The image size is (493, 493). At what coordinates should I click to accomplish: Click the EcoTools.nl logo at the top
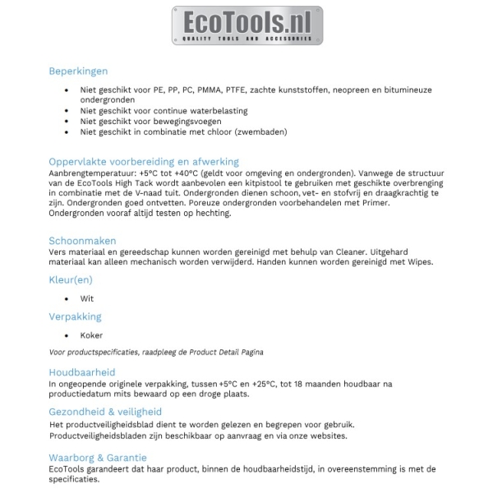click(x=246, y=25)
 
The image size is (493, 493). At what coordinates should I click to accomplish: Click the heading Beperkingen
click(x=78, y=71)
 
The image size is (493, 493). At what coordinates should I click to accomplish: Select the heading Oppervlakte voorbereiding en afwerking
click(x=144, y=162)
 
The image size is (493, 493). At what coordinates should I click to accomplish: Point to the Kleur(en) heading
click(x=71, y=280)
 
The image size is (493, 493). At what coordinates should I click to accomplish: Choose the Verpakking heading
click(x=75, y=316)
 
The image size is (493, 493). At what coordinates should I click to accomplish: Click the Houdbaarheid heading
click(x=81, y=372)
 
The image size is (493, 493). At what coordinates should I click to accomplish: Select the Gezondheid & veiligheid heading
click(x=105, y=412)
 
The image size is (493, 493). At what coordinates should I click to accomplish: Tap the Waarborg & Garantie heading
click(x=98, y=458)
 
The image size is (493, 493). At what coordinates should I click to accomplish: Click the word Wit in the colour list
click(x=87, y=299)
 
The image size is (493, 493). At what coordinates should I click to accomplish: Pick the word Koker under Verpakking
click(x=91, y=335)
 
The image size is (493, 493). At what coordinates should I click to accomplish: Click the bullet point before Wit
click(x=67, y=299)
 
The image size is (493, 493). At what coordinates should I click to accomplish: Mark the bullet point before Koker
click(x=67, y=335)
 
